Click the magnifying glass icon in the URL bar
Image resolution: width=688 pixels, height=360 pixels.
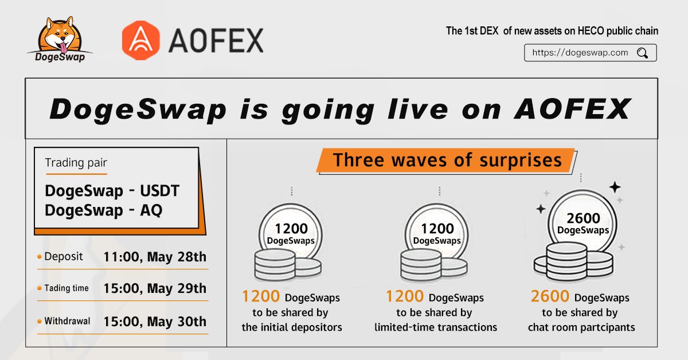click(x=643, y=53)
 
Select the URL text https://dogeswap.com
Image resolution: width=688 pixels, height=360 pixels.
click(x=580, y=53)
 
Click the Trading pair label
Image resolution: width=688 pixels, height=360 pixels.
click(x=76, y=163)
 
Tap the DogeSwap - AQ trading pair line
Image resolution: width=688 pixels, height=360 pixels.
click(x=103, y=210)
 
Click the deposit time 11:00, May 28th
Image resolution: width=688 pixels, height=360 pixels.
click(x=155, y=257)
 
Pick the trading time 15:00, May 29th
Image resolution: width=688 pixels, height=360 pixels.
click(x=155, y=288)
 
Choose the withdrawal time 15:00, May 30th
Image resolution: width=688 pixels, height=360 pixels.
click(x=155, y=322)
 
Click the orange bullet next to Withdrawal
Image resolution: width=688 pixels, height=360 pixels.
click(x=40, y=322)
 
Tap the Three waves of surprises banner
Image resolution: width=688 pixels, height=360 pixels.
click(x=447, y=159)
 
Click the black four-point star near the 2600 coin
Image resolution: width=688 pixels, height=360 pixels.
click(x=615, y=187)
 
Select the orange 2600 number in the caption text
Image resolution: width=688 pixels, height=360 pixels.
click(x=550, y=297)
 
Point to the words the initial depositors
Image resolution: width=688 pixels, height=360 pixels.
click(x=291, y=327)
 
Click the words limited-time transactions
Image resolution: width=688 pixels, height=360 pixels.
click(x=436, y=327)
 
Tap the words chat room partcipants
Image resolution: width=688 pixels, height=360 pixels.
click(x=581, y=327)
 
